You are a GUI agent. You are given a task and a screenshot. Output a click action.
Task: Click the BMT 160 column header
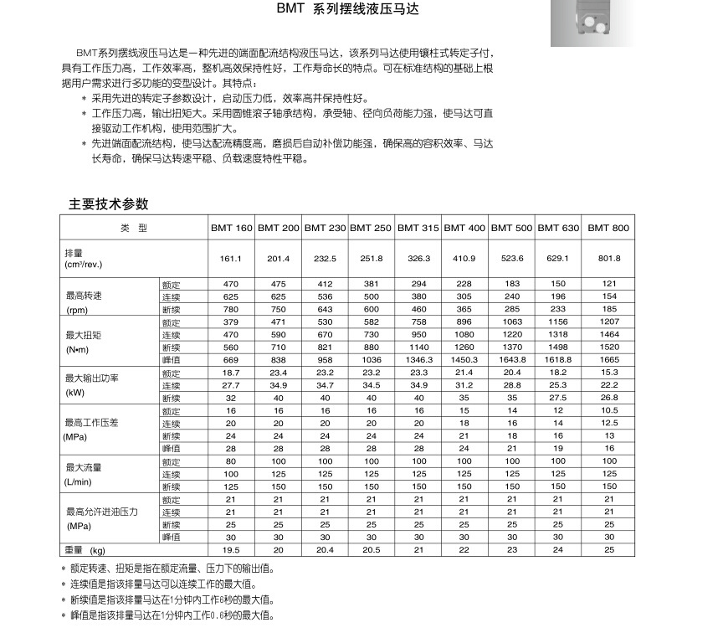(231, 228)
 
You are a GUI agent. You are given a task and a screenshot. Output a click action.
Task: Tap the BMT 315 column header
(418, 228)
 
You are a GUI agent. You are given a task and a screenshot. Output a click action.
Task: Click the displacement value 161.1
(231, 258)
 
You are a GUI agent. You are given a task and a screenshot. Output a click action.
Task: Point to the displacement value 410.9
(464, 258)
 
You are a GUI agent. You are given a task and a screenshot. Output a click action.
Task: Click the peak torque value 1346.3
(418, 359)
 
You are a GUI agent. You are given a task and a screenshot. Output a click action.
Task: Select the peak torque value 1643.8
(512, 359)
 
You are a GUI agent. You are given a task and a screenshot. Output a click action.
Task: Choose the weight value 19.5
(231, 550)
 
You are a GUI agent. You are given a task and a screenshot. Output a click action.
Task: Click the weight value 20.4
(325, 550)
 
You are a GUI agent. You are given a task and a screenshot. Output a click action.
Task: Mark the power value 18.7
(231, 372)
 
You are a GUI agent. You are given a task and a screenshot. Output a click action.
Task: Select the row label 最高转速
(84, 296)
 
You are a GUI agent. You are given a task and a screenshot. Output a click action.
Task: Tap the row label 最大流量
(84, 467)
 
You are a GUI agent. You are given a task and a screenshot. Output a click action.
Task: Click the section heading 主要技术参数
(108, 203)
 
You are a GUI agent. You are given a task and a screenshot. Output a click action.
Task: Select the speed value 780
(231, 309)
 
